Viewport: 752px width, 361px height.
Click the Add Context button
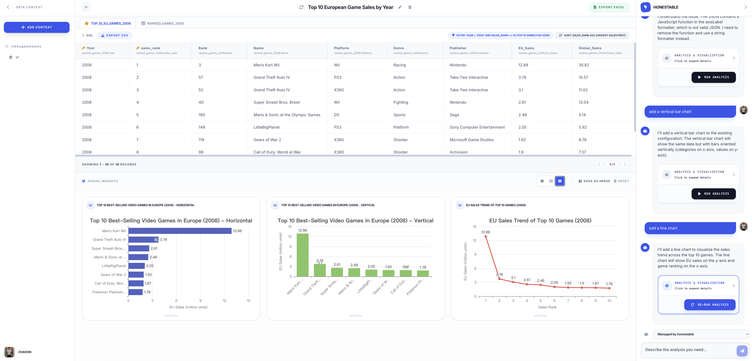click(36, 27)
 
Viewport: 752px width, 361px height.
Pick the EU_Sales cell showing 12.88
click(523, 65)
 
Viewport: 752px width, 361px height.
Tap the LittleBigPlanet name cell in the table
click(267, 127)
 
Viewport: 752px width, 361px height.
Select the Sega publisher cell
click(454, 115)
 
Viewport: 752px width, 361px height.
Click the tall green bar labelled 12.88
click(302, 255)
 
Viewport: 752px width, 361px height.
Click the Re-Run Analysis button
click(710, 305)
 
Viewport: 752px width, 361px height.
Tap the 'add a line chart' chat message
click(690, 228)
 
